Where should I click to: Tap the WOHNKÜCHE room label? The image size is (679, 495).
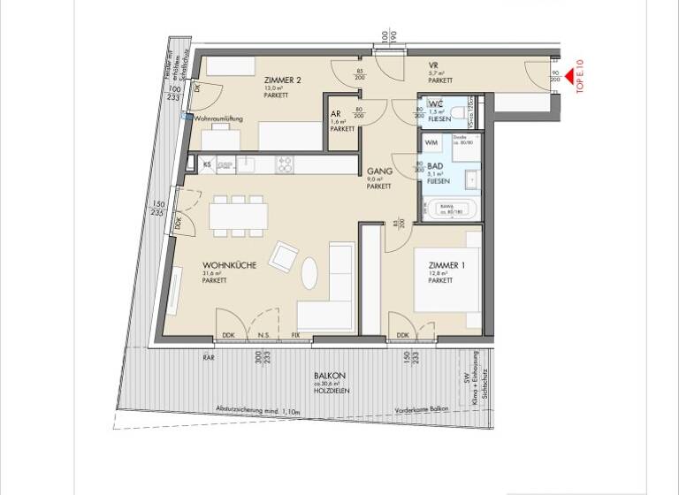coord(224,264)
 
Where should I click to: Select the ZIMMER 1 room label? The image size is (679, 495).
coord(446,265)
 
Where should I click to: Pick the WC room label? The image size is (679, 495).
coord(435,104)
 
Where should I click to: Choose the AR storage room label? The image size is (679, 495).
coord(336,114)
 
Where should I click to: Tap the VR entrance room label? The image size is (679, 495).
coord(434,66)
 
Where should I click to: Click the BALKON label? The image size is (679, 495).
coord(329,376)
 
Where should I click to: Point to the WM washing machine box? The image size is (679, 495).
coord(433,142)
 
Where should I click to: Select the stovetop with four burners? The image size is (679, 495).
coord(286,164)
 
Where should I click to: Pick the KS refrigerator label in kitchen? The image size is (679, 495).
coord(206,164)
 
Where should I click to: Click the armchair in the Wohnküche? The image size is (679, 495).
coord(285,257)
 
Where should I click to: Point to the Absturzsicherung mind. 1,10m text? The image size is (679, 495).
coord(259,411)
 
